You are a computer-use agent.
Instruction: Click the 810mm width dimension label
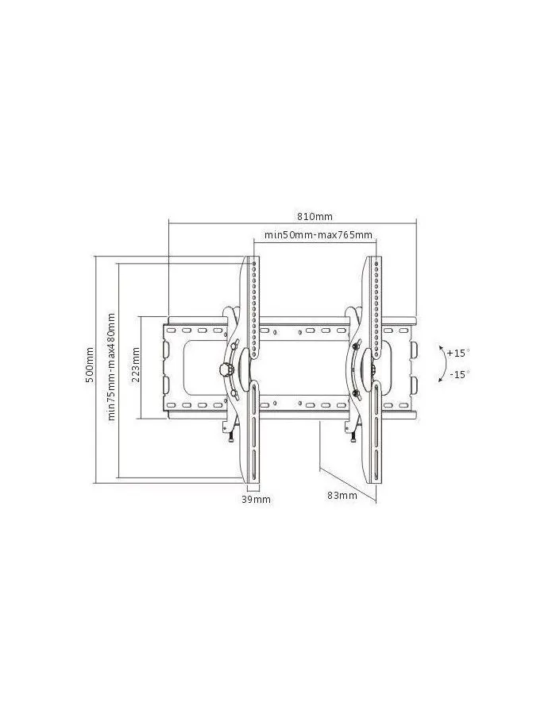(x=315, y=216)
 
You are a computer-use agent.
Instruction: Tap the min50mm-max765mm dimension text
(x=318, y=235)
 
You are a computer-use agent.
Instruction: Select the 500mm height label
(x=90, y=365)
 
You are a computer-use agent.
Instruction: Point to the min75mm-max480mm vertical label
(x=110, y=366)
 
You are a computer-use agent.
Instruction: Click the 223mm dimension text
(x=135, y=365)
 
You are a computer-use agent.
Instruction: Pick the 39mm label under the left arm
(x=256, y=500)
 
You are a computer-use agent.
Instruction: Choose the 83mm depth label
(x=342, y=495)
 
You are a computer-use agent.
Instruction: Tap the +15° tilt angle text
(x=458, y=353)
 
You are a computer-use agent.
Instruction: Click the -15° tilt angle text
(x=459, y=374)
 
